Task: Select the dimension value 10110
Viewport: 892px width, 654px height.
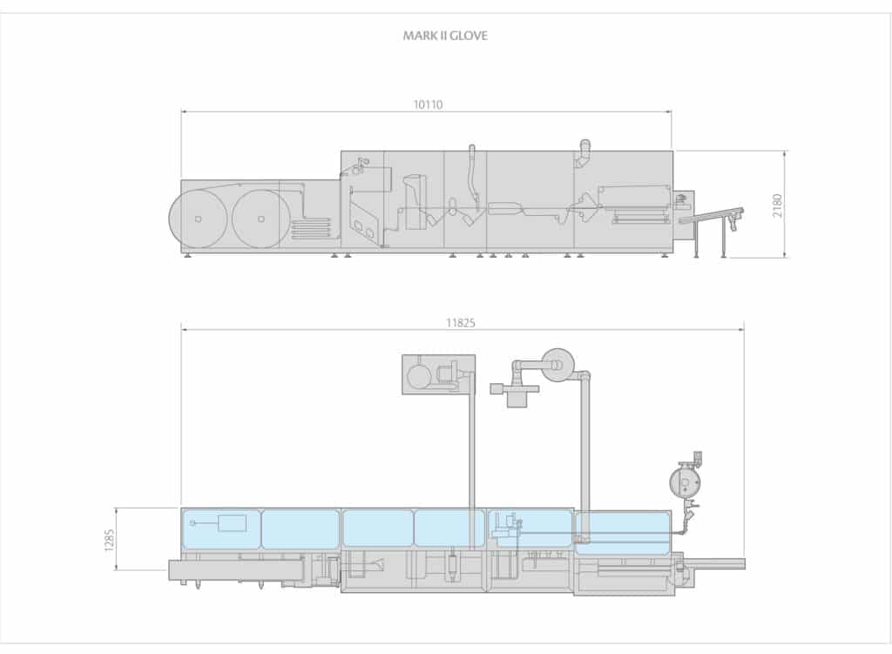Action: pos(427,105)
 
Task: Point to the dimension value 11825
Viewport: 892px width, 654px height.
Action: pos(462,322)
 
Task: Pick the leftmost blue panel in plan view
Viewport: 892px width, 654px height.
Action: pos(221,529)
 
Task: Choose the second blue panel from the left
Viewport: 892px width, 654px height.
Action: pos(301,529)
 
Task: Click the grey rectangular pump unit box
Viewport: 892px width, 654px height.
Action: pos(438,374)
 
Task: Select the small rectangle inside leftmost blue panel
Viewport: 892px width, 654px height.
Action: pos(232,523)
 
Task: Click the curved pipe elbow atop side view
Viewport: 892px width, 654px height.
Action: pos(585,149)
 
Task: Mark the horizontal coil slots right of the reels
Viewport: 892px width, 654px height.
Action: pos(311,229)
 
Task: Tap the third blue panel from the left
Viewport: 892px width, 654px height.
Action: pos(378,529)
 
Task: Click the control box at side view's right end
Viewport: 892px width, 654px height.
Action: pos(684,204)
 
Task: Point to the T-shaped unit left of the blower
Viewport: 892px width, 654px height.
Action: pos(510,392)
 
